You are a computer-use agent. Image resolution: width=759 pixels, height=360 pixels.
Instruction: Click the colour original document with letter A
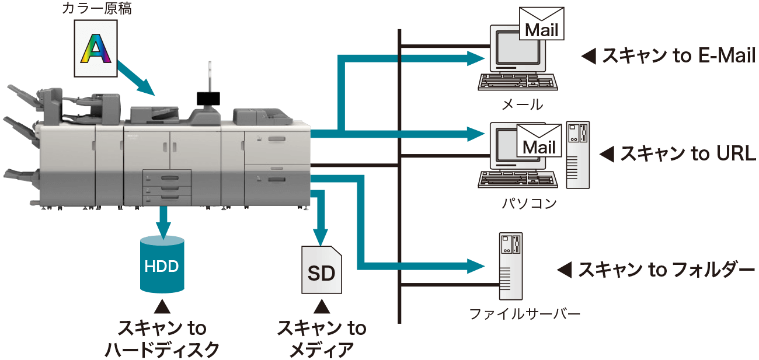click(x=96, y=48)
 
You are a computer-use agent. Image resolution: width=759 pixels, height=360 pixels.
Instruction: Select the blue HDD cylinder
click(x=162, y=265)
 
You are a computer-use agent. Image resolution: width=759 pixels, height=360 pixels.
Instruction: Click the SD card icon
click(x=322, y=270)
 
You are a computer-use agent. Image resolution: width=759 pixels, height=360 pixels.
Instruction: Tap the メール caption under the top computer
click(x=522, y=105)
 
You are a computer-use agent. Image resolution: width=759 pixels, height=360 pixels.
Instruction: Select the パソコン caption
click(x=530, y=204)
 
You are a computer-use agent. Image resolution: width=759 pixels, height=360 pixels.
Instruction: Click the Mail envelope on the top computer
click(x=542, y=25)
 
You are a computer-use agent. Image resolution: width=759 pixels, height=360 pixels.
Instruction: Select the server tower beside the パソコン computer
click(x=577, y=155)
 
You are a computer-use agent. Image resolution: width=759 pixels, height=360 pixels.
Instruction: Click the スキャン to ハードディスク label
click(x=162, y=339)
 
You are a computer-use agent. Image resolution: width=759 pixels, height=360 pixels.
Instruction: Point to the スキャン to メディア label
click(x=322, y=339)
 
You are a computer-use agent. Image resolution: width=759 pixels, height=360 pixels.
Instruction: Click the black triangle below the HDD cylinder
click(x=162, y=306)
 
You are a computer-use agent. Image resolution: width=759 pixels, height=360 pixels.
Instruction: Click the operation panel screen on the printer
click(x=206, y=97)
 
